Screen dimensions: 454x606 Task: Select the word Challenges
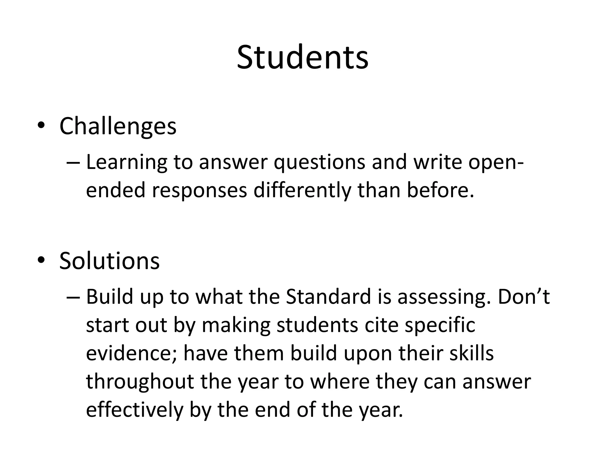pos(118,127)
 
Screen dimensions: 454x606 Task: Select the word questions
pos(319,163)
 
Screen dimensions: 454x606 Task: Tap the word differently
pos(302,190)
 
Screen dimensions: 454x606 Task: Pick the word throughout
pos(140,381)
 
